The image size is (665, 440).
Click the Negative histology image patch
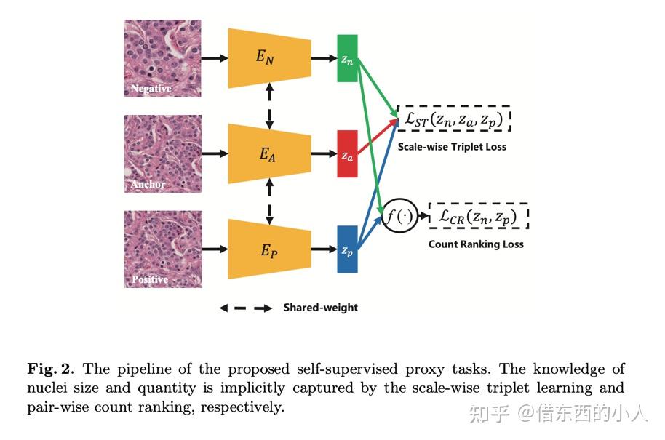[162, 58]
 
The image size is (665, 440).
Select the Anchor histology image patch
[162, 153]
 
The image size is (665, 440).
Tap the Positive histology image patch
[162, 249]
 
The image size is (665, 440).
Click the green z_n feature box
[347, 58]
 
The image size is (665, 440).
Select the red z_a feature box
[347, 154]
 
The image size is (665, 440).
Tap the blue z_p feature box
[347, 249]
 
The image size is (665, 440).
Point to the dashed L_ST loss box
[454, 119]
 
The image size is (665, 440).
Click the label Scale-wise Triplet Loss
[452, 147]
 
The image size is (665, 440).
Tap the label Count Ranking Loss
[476, 244]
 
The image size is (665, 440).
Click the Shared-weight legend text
[321, 308]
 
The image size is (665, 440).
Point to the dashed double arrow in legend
[246, 308]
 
